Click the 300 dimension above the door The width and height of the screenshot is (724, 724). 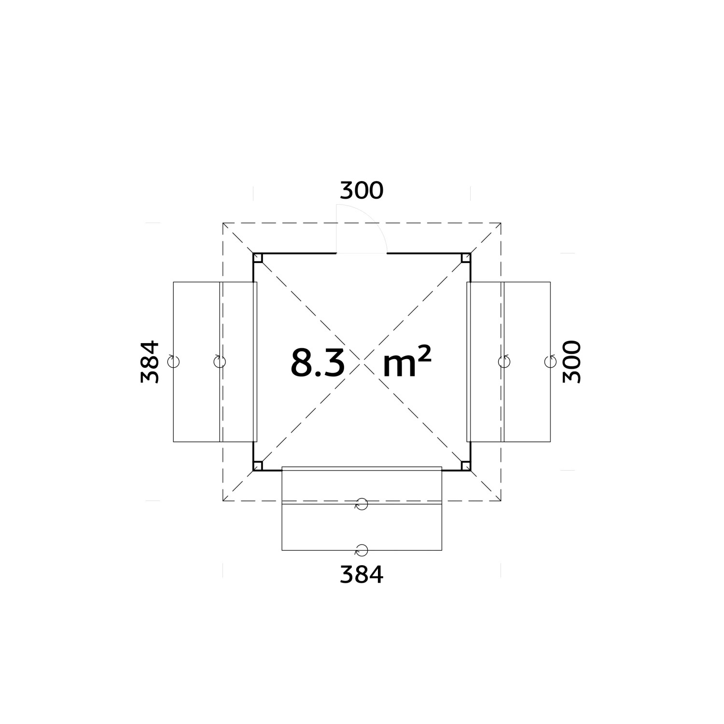(362, 191)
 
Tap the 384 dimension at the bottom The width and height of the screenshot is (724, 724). (362, 575)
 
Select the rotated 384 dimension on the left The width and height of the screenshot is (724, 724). (150, 362)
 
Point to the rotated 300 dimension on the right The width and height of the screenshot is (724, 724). (572, 362)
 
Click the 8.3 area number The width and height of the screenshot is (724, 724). (318, 362)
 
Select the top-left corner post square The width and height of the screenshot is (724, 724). (258, 258)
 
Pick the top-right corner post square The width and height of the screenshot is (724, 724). (465, 258)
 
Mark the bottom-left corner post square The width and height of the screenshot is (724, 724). (258, 465)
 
